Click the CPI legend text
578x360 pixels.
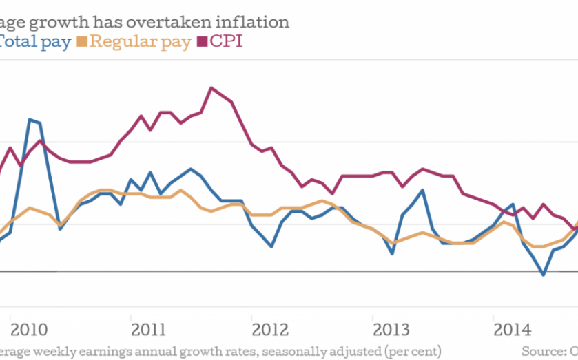tap(227, 42)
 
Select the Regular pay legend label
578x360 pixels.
tap(141, 42)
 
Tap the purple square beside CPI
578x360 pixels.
tap(203, 43)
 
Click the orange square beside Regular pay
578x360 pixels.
tap(83, 43)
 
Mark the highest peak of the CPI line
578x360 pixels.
tap(211, 87)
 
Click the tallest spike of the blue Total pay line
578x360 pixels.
tap(30, 120)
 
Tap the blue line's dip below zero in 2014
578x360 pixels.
tap(544, 275)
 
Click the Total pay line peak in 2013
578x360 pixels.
tap(422, 190)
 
